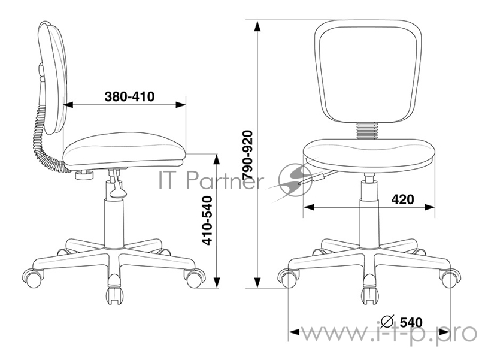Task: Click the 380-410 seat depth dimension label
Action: pos(129,96)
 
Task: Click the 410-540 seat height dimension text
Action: pos(206,220)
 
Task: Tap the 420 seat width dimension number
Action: pos(403,199)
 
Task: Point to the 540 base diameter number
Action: pos(411,322)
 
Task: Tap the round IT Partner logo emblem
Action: pos(296,180)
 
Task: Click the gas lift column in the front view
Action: pos(369,210)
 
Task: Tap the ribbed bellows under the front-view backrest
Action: pos(367,131)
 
